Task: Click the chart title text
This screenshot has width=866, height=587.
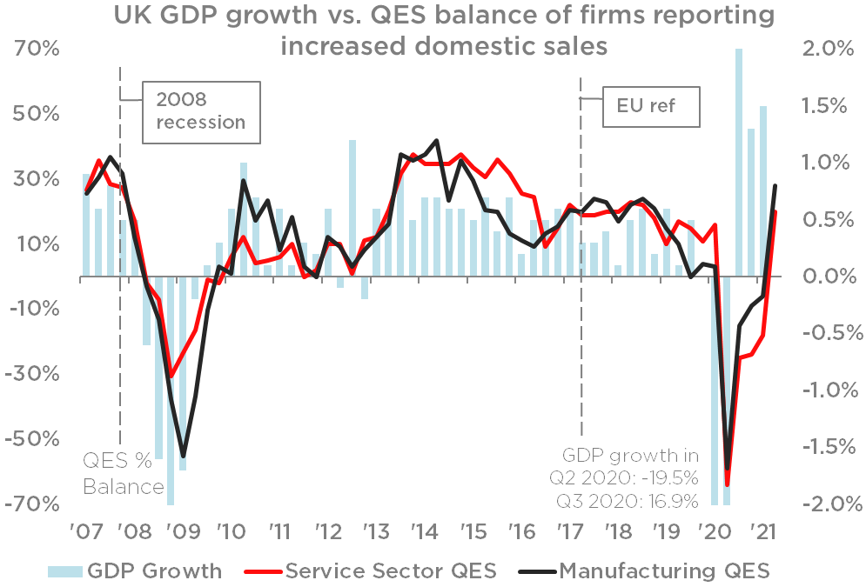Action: pyautogui.click(x=443, y=31)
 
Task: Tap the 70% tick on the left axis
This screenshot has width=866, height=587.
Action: pyautogui.click(x=37, y=50)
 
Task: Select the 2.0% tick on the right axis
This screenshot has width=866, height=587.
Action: pyautogui.click(x=822, y=50)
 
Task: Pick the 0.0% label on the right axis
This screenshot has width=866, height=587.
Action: pyautogui.click(x=822, y=277)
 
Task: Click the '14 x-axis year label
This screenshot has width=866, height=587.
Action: pyautogui.click(x=424, y=532)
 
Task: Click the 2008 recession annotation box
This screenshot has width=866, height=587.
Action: pyautogui.click(x=201, y=111)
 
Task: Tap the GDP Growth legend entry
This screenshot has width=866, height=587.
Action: pyautogui.click(x=135, y=570)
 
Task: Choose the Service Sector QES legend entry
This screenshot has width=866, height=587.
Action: pyautogui.click(x=379, y=570)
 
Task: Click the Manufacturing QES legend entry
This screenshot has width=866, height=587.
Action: pyautogui.click(x=644, y=570)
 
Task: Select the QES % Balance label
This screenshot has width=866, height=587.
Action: pyautogui.click(x=124, y=474)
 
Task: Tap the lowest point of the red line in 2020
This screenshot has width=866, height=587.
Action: pyautogui.click(x=728, y=485)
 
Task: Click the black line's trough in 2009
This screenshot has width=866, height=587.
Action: pyautogui.click(x=183, y=456)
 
